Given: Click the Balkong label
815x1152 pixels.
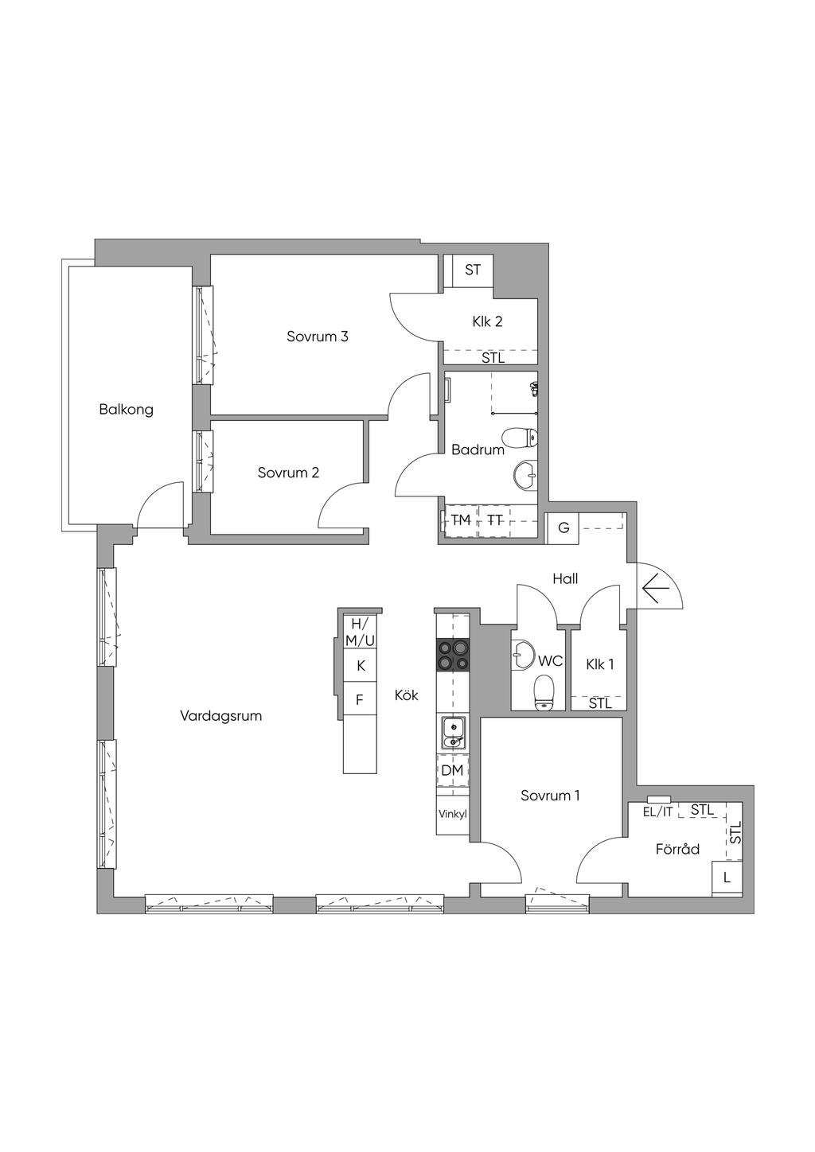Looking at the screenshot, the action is (x=126, y=410).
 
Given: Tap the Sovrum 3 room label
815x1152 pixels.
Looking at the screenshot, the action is (x=318, y=337).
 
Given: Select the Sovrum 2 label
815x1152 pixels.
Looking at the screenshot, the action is (x=288, y=473).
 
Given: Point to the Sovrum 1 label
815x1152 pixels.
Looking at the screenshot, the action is (x=550, y=796).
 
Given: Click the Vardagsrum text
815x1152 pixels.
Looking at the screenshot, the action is (x=220, y=716).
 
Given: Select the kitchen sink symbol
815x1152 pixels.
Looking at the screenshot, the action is (x=454, y=734).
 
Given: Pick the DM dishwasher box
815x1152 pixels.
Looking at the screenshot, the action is (x=453, y=770).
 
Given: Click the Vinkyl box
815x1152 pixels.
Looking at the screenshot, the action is (x=453, y=815).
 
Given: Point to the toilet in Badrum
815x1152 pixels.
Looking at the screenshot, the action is (x=520, y=438).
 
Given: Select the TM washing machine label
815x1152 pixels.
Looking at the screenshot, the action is (x=461, y=520).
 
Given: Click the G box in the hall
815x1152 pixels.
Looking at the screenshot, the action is (x=563, y=527).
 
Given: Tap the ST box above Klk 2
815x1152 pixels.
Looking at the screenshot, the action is (x=472, y=270).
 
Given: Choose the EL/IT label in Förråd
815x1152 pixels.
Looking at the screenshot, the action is (x=657, y=812).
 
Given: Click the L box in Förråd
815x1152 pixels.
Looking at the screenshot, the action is (x=727, y=878).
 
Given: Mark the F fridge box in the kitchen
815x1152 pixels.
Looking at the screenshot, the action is (x=360, y=699).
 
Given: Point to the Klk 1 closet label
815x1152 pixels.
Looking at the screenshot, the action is (x=600, y=664).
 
